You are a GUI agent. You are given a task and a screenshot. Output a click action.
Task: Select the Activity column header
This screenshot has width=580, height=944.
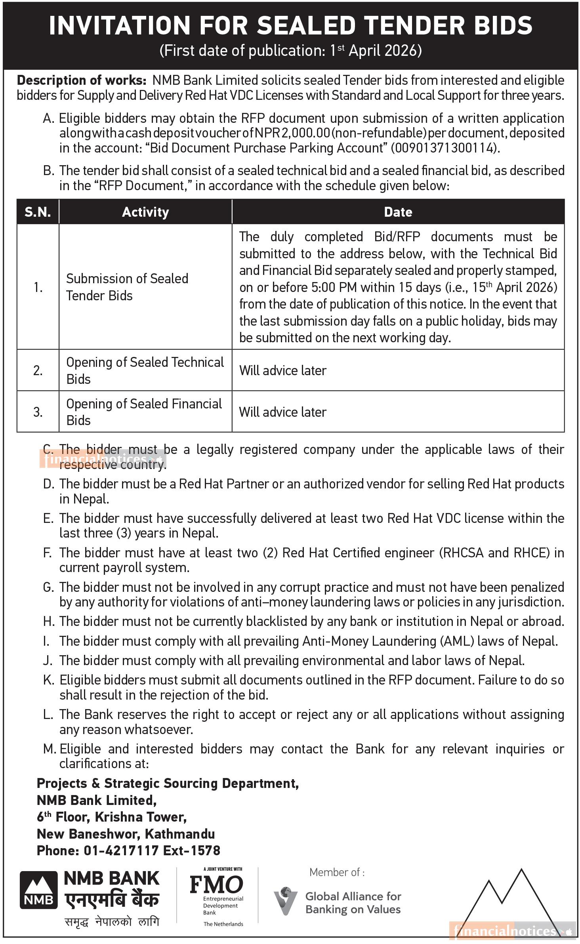145,212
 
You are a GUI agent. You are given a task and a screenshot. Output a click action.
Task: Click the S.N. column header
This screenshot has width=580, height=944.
38,212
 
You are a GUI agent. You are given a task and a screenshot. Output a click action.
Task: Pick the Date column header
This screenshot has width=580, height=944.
398,212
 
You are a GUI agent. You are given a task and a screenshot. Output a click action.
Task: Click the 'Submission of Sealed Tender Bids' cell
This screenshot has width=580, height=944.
127,287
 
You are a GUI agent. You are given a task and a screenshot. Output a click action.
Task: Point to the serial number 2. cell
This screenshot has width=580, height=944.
38,371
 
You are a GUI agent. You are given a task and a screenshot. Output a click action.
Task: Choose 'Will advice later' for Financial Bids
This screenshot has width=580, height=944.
282,412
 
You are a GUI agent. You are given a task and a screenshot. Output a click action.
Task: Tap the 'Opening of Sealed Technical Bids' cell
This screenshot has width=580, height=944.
145,371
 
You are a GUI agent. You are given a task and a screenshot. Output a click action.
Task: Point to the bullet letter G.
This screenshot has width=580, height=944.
48,587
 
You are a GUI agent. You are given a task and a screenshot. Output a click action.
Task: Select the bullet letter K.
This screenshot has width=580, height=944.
48,680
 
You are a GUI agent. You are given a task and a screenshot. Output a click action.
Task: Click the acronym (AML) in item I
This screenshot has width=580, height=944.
457,641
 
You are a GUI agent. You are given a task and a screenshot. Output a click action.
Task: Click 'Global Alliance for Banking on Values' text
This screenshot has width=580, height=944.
353,903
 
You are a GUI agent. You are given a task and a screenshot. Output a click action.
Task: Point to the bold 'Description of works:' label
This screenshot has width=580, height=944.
82,81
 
